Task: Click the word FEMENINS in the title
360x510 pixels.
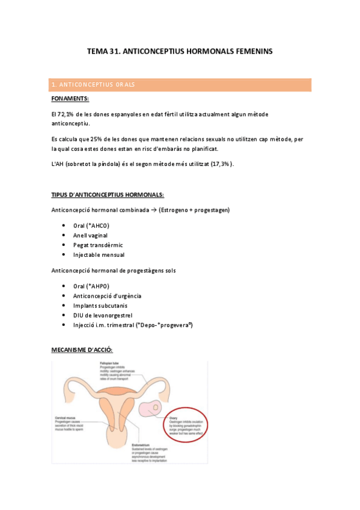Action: [x=251, y=52]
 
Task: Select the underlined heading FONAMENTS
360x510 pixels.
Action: [x=70, y=98]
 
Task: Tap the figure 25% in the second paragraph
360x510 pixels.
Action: [x=97, y=139]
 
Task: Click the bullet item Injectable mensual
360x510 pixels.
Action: [x=99, y=254]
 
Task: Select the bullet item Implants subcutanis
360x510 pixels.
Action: [x=100, y=305]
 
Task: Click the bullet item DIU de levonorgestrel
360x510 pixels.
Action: [x=103, y=315]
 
